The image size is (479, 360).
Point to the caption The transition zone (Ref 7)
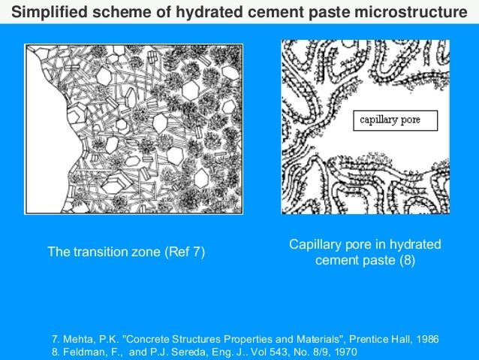pyautogui.click(x=126, y=252)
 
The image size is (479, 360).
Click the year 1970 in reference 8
pyautogui.click(x=342, y=352)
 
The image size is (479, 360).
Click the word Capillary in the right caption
pyautogui.click(x=315, y=245)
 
